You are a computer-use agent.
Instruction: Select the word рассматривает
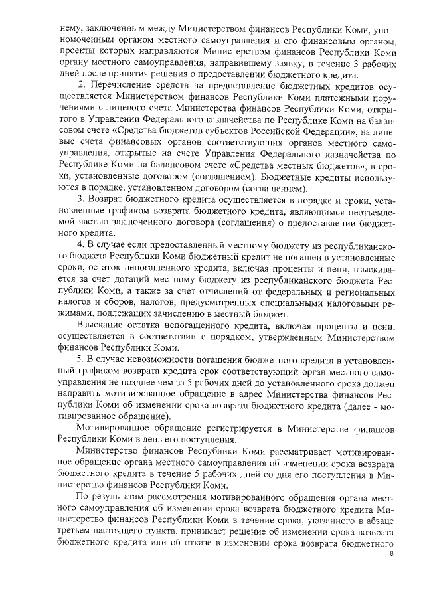272,452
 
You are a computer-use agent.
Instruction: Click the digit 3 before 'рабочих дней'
359,63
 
